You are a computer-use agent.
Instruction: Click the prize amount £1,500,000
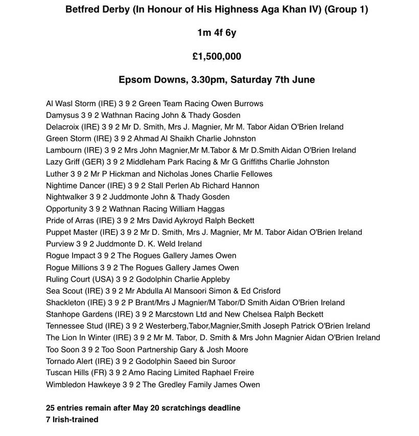pos(217,57)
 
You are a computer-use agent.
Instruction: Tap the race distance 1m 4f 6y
pos(217,33)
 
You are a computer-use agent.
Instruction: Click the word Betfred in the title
pos(82,10)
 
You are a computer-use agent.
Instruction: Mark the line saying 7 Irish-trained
pos(72,420)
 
